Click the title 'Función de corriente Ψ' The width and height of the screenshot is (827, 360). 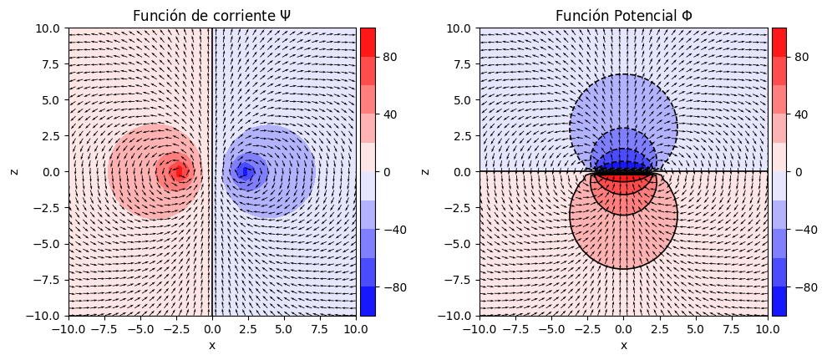pos(212,16)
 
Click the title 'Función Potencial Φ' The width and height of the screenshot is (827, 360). pos(623,16)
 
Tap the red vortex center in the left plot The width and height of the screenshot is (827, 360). pos(177,172)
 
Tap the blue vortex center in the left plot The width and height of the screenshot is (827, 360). pos(244,172)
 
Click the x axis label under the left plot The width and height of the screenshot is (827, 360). pos(212,345)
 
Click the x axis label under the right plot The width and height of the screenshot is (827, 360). pos(623,345)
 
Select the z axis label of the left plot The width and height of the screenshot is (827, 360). pos(14,172)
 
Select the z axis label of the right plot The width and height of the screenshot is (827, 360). pos(425,172)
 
